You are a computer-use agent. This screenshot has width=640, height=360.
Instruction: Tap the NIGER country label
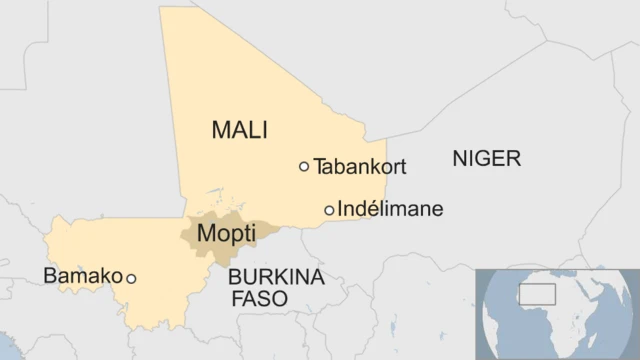coord(487,158)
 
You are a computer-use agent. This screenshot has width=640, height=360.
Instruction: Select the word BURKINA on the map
coord(276,277)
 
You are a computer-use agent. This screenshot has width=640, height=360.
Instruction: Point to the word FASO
coord(259,298)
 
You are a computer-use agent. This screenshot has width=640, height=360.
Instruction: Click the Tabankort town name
coord(360,167)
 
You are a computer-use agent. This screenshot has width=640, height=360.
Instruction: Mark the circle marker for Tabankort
coord(304,167)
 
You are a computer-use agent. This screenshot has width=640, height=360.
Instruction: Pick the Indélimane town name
coord(390,210)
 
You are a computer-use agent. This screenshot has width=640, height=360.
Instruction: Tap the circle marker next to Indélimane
coord(329,210)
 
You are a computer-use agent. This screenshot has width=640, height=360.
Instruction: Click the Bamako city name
coord(83,276)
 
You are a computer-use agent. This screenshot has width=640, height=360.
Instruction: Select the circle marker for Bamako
coord(131,279)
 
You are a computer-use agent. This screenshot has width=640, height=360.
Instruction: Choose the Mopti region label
coord(226,234)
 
